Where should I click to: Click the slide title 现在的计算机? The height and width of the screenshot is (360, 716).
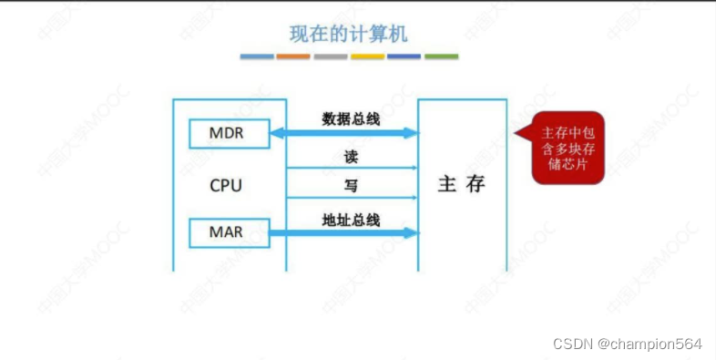(x=349, y=35)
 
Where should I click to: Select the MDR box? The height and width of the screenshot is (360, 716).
(x=226, y=134)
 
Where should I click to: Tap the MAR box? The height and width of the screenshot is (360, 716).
(x=226, y=231)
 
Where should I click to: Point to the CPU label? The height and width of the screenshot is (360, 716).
(x=226, y=185)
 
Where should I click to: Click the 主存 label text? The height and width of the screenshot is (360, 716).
(x=462, y=184)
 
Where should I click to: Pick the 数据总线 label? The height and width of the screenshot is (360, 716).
(x=352, y=119)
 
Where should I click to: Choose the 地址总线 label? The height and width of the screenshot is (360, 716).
(x=352, y=219)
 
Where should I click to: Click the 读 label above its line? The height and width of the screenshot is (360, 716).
(x=351, y=157)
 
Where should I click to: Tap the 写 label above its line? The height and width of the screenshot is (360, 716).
(x=351, y=186)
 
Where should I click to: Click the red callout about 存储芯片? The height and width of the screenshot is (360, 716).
(x=568, y=149)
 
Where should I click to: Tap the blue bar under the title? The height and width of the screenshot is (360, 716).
(x=257, y=57)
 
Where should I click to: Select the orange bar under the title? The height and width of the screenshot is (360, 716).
(x=293, y=57)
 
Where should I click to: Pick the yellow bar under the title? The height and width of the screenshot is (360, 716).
(x=367, y=57)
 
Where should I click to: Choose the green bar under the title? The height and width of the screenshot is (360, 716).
(x=441, y=57)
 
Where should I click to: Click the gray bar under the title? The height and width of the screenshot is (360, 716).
(x=331, y=57)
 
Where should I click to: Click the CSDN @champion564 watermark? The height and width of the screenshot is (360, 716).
(x=628, y=344)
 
